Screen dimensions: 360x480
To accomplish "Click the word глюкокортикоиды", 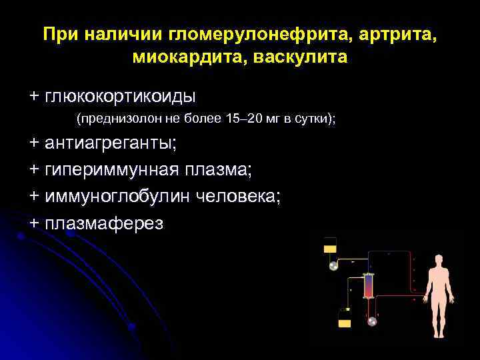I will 120,97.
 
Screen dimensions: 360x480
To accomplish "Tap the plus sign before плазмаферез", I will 34,223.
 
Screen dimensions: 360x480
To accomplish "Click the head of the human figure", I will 438,261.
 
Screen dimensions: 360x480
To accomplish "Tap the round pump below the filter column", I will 372,321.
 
